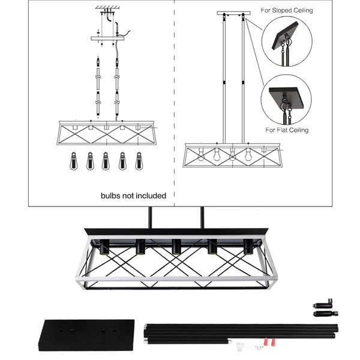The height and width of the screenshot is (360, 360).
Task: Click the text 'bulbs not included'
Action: coord(133,196)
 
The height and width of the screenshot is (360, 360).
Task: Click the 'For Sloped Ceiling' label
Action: coord(287,10)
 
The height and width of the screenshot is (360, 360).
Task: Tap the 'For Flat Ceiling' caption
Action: coord(287,130)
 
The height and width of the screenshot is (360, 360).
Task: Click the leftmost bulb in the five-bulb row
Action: coord(74,161)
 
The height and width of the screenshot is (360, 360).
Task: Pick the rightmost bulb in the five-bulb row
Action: coord(139,161)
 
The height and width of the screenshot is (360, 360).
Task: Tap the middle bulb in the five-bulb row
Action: coord(106,161)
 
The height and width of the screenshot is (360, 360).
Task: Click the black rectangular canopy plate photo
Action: coord(87,335)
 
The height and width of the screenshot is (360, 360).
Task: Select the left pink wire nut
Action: coord(266,341)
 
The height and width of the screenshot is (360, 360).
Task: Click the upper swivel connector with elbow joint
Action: coord(323,304)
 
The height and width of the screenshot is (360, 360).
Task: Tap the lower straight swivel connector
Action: coord(325,313)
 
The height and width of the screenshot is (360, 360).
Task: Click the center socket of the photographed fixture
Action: coord(176,247)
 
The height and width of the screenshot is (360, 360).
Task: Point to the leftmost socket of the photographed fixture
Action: coord(104,247)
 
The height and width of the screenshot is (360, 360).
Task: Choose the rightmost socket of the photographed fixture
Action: coord(248,247)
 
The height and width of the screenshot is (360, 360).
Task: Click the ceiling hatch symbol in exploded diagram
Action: coord(107,7)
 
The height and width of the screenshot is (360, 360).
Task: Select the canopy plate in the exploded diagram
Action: coord(107,38)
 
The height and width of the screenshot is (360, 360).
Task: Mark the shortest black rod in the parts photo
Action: coord(187,341)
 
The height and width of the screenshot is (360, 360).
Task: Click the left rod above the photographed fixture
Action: coord(150,217)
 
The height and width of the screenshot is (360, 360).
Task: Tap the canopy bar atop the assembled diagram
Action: coord(234,13)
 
